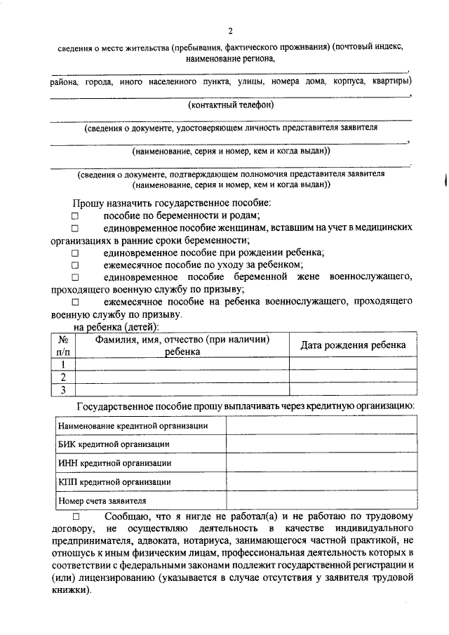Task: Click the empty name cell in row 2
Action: click(x=182, y=377)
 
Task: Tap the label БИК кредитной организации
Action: click(x=113, y=444)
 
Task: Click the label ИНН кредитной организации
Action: click(x=114, y=463)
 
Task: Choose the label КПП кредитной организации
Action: click(x=114, y=482)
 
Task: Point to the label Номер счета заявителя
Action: click(x=102, y=501)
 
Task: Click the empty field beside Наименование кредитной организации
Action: click(x=319, y=425)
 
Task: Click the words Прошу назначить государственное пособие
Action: click(x=171, y=203)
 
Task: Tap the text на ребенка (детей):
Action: click(x=116, y=327)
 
